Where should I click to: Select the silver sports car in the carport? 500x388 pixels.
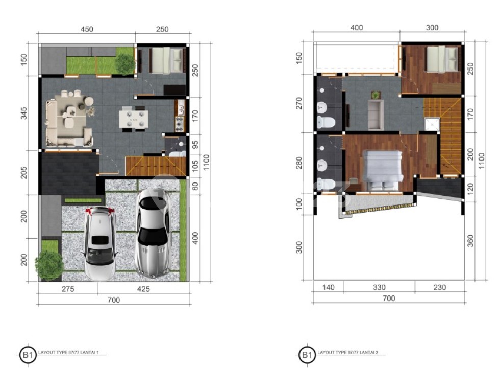click(x=153, y=233)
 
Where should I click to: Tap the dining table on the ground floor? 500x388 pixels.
click(x=134, y=119)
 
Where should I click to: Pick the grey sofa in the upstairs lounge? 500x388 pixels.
click(x=376, y=115)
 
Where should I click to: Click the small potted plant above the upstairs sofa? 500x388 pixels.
click(x=376, y=95)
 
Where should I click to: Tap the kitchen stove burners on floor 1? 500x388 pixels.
click(x=179, y=124)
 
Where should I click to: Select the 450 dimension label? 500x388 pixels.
click(x=87, y=30)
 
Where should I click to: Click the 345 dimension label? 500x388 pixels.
click(x=24, y=113)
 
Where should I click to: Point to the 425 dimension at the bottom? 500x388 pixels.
click(x=143, y=289)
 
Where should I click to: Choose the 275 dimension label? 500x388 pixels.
click(x=68, y=289)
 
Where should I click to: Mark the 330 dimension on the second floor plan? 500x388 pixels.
click(x=379, y=288)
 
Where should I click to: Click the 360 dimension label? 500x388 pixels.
click(x=470, y=241)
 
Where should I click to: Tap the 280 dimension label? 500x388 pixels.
click(x=299, y=163)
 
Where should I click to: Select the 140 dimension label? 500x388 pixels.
click(x=329, y=288)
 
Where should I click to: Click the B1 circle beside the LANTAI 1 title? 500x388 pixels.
click(x=28, y=354)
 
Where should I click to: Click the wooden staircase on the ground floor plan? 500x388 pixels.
click(x=156, y=166)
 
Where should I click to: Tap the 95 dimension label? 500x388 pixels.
click(x=195, y=145)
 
